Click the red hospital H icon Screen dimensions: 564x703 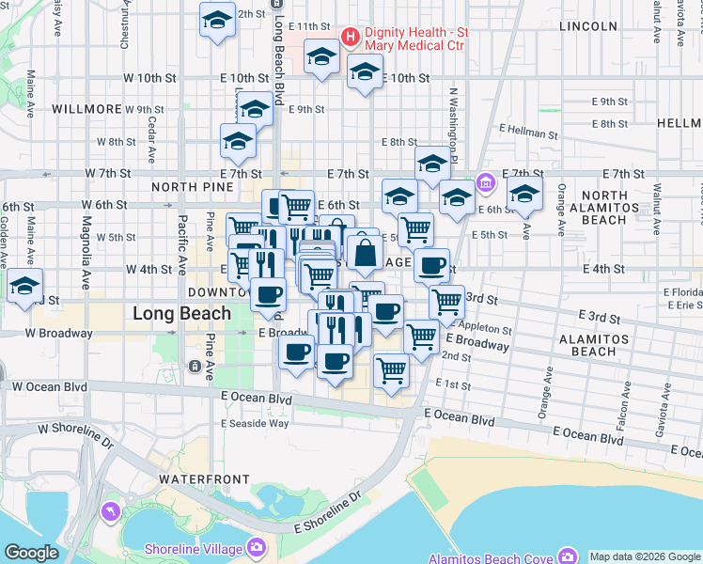tap(351, 38)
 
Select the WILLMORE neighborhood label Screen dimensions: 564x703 tap(87, 109)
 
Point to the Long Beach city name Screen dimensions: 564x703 tap(181, 313)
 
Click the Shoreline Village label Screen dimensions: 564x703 tap(195, 549)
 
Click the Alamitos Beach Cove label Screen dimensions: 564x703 tap(491, 558)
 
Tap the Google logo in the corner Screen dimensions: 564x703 tap(31, 553)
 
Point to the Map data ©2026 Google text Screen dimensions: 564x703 tap(645, 556)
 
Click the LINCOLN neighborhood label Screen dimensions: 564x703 tap(587, 26)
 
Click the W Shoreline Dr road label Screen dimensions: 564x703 tap(74, 435)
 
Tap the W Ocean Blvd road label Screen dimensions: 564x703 tap(50, 386)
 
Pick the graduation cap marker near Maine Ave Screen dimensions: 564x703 tap(24, 287)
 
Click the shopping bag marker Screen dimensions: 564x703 tap(364, 253)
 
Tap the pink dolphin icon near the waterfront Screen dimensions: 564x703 tap(110, 511)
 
